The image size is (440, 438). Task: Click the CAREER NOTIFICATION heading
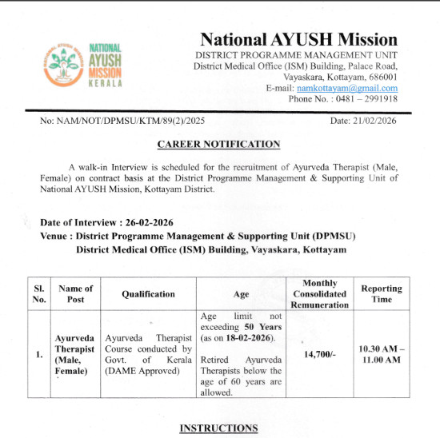tap(219, 145)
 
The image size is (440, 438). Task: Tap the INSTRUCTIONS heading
tap(218, 428)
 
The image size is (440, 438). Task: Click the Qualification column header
tap(148, 293)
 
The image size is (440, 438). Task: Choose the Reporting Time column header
tap(382, 293)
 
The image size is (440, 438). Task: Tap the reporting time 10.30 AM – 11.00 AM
tap(382, 354)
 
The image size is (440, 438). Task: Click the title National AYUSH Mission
tap(298, 39)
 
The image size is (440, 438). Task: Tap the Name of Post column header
tap(75, 293)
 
